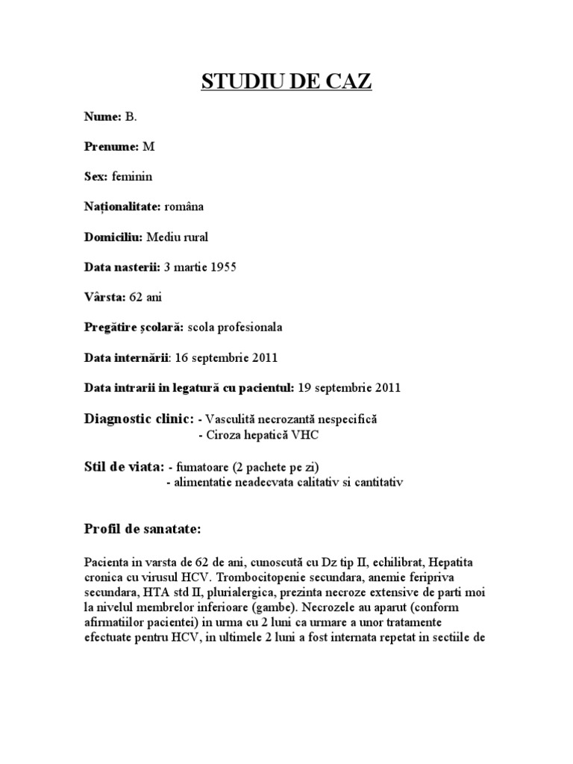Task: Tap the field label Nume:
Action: [x=102, y=117]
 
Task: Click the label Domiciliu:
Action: [x=113, y=237]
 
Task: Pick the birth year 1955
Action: [x=223, y=267]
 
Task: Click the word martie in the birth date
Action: [x=188, y=267]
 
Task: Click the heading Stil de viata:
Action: [x=124, y=467]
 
